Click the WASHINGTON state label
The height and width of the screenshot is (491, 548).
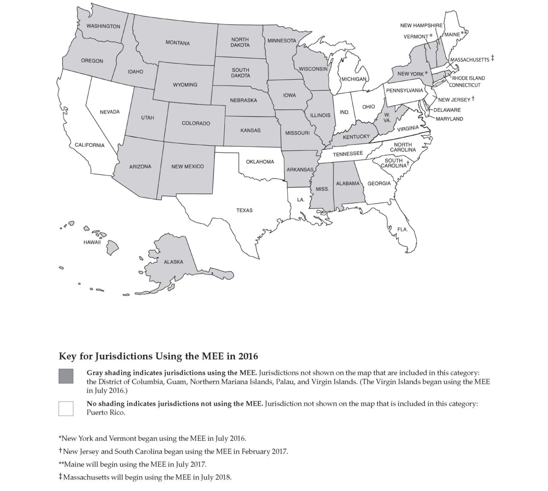click(x=103, y=26)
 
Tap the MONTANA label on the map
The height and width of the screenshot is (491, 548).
click(x=178, y=43)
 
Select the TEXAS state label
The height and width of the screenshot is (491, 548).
click(x=244, y=210)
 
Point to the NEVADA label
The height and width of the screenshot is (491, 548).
click(x=110, y=112)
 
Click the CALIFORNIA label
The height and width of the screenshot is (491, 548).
click(x=89, y=145)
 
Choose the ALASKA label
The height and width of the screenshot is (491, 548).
click(x=173, y=262)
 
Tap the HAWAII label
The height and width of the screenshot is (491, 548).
click(x=92, y=243)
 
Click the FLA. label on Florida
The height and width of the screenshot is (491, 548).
click(x=402, y=230)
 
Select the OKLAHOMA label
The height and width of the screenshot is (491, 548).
click(x=260, y=162)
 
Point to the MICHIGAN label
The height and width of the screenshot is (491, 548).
click(x=354, y=79)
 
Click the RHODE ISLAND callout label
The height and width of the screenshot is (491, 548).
click(x=468, y=78)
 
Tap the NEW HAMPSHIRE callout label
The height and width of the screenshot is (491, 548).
click(x=421, y=26)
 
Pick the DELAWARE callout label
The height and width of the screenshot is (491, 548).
click(x=447, y=110)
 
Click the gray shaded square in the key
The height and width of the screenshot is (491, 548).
click(x=66, y=376)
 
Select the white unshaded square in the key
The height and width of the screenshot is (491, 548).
click(x=66, y=408)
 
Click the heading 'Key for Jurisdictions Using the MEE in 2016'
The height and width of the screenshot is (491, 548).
click(x=158, y=356)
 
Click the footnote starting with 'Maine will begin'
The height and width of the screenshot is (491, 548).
click(x=132, y=464)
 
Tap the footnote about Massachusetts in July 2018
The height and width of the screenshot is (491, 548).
click(x=145, y=477)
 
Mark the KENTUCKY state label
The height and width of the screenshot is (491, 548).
click(x=356, y=137)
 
